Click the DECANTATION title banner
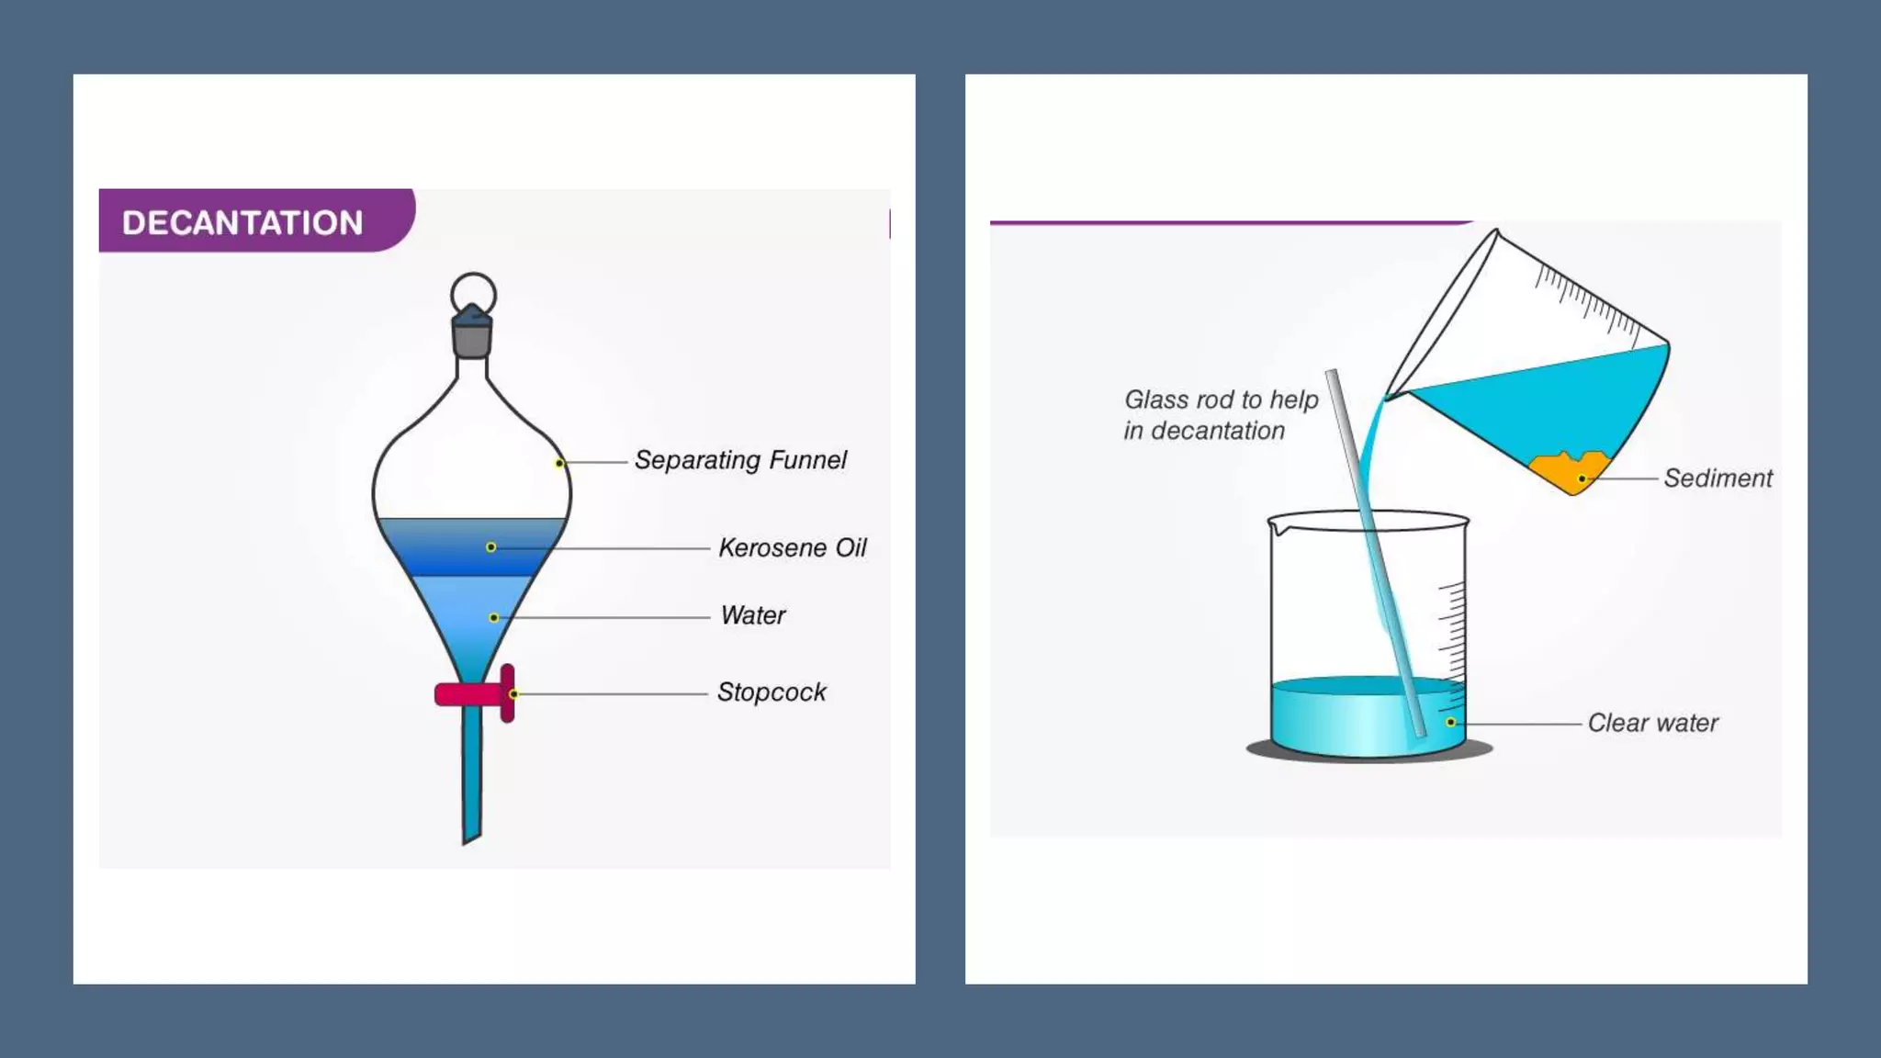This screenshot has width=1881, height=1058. click(x=244, y=221)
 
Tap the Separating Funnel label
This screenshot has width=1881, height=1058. click(x=740, y=460)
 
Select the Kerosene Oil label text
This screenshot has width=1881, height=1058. click(x=792, y=548)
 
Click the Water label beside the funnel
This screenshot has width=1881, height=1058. click(x=753, y=615)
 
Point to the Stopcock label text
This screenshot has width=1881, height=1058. click(x=772, y=692)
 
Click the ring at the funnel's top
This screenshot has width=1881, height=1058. click(x=474, y=292)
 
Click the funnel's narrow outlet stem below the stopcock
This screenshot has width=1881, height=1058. click(x=471, y=781)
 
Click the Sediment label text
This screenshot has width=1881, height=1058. click(x=1718, y=478)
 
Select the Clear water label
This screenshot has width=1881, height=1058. click(x=1652, y=724)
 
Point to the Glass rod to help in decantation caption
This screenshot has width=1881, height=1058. click(x=1220, y=415)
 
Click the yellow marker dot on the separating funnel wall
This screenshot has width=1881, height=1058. click(x=559, y=463)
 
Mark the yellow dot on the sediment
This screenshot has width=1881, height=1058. click(x=1583, y=479)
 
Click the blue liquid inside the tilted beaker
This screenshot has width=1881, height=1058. click(x=1552, y=404)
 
